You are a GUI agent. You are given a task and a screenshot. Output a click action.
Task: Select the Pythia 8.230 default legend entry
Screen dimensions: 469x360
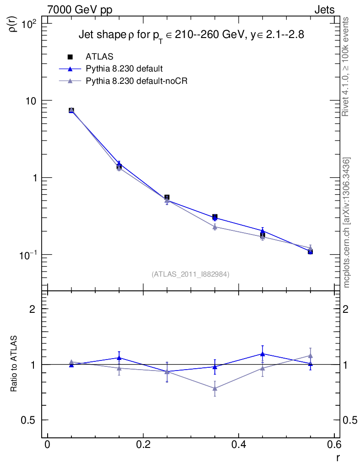[124, 69]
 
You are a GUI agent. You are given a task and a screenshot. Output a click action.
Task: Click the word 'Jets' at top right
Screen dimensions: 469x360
[324, 10]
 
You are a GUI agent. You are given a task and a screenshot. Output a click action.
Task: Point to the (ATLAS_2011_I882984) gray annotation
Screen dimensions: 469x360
[191, 274]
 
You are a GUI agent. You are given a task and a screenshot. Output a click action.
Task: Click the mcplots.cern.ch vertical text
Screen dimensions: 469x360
[347, 223]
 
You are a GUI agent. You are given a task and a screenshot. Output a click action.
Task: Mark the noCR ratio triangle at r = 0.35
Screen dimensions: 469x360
[215, 388]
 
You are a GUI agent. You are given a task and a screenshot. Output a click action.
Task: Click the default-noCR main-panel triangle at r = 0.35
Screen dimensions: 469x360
[215, 227]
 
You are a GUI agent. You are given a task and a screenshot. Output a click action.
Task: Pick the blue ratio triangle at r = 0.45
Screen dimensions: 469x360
[262, 354]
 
